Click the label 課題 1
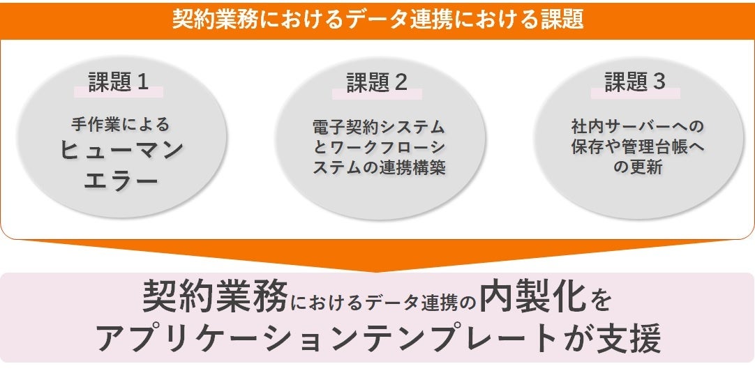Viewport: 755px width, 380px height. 119,82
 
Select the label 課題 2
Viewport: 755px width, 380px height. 377,83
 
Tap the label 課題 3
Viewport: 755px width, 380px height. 635,82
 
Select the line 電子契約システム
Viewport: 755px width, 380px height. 378,127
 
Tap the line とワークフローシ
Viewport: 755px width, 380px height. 378,147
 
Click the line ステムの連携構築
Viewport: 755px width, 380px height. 378,168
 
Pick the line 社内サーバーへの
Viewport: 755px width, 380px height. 636,127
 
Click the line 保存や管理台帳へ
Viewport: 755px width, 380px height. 636,147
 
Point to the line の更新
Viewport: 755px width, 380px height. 636,168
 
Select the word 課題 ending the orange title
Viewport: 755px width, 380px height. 563,20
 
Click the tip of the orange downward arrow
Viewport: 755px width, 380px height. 377,271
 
